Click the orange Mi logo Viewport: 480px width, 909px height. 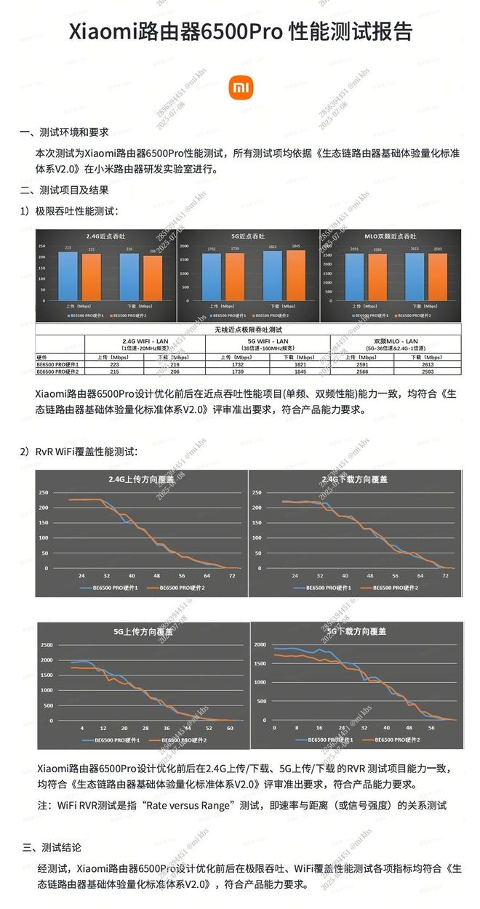click(240, 88)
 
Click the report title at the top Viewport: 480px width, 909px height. click(240, 32)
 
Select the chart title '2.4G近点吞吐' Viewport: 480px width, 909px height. click(105, 236)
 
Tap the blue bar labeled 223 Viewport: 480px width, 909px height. click(68, 276)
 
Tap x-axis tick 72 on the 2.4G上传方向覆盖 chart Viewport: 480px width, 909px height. click(232, 575)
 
